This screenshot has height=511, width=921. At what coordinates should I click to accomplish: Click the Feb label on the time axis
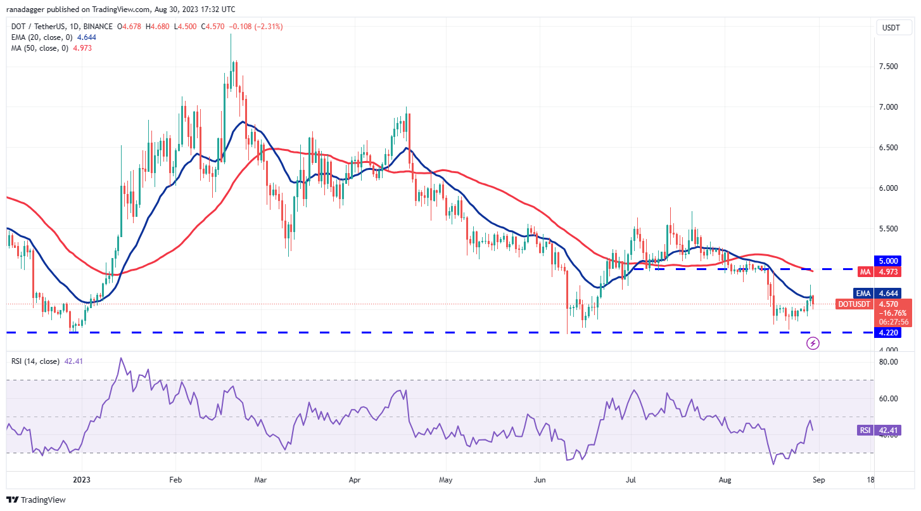point(176,480)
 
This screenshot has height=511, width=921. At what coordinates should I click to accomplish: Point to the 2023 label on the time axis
point(81,480)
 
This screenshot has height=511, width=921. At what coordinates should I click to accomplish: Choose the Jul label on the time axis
point(631,480)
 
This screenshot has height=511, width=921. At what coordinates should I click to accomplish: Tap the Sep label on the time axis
point(817,480)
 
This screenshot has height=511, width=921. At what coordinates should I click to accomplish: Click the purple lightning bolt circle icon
point(813,343)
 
